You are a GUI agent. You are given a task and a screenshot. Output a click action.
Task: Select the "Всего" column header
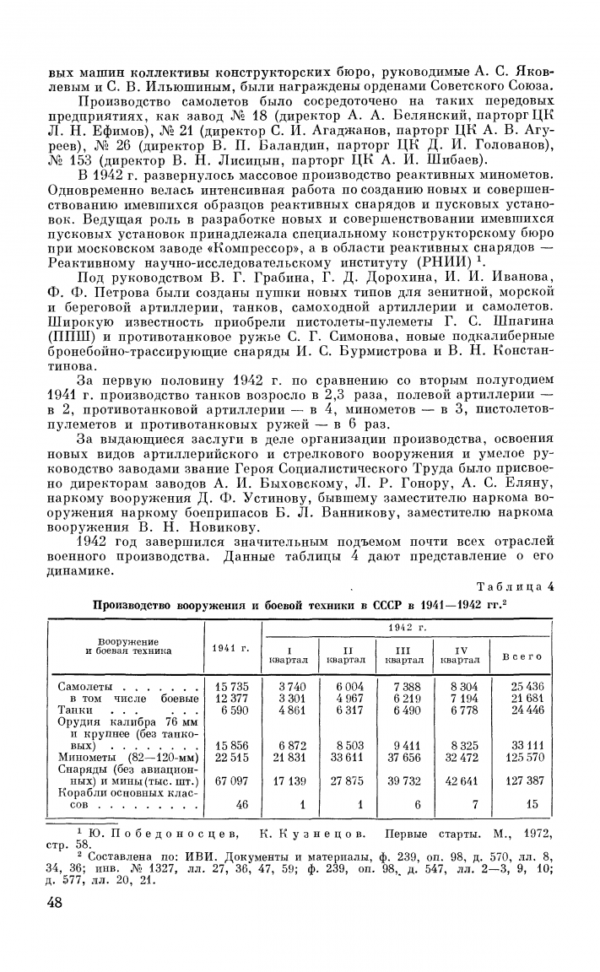[x=522, y=656]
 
